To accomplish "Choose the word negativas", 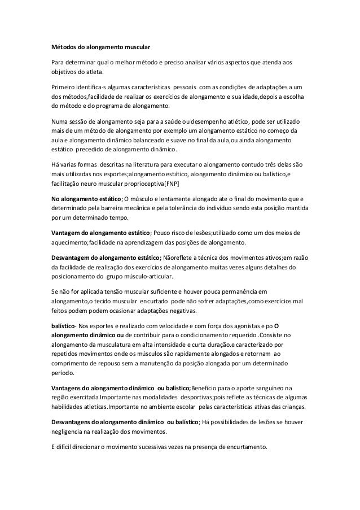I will [179, 311].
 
